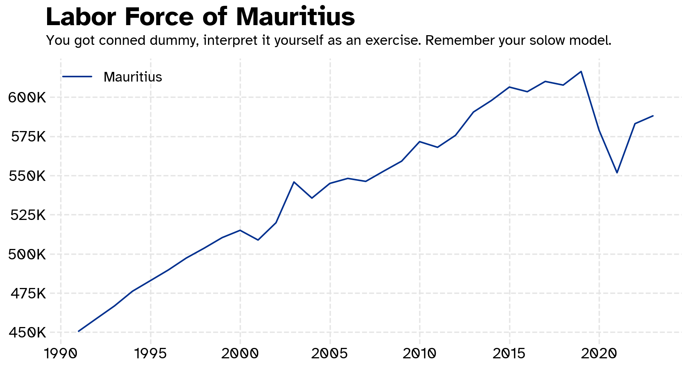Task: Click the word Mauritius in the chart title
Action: click(x=295, y=17)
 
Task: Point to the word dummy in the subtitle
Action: click(x=174, y=41)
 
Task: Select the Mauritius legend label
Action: click(x=133, y=77)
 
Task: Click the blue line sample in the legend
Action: click(x=77, y=77)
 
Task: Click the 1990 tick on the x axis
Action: click(x=61, y=353)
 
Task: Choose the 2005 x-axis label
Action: click(x=330, y=353)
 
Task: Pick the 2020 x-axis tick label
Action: click(x=599, y=353)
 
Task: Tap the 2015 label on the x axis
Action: click(x=509, y=353)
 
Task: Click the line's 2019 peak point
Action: click(x=581, y=72)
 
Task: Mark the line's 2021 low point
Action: click(x=617, y=172)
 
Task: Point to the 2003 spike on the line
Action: click(x=294, y=182)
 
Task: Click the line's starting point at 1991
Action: click(x=78, y=331)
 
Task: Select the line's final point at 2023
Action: click(x=653, y=116)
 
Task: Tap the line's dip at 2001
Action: click(x=258, y=240)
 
